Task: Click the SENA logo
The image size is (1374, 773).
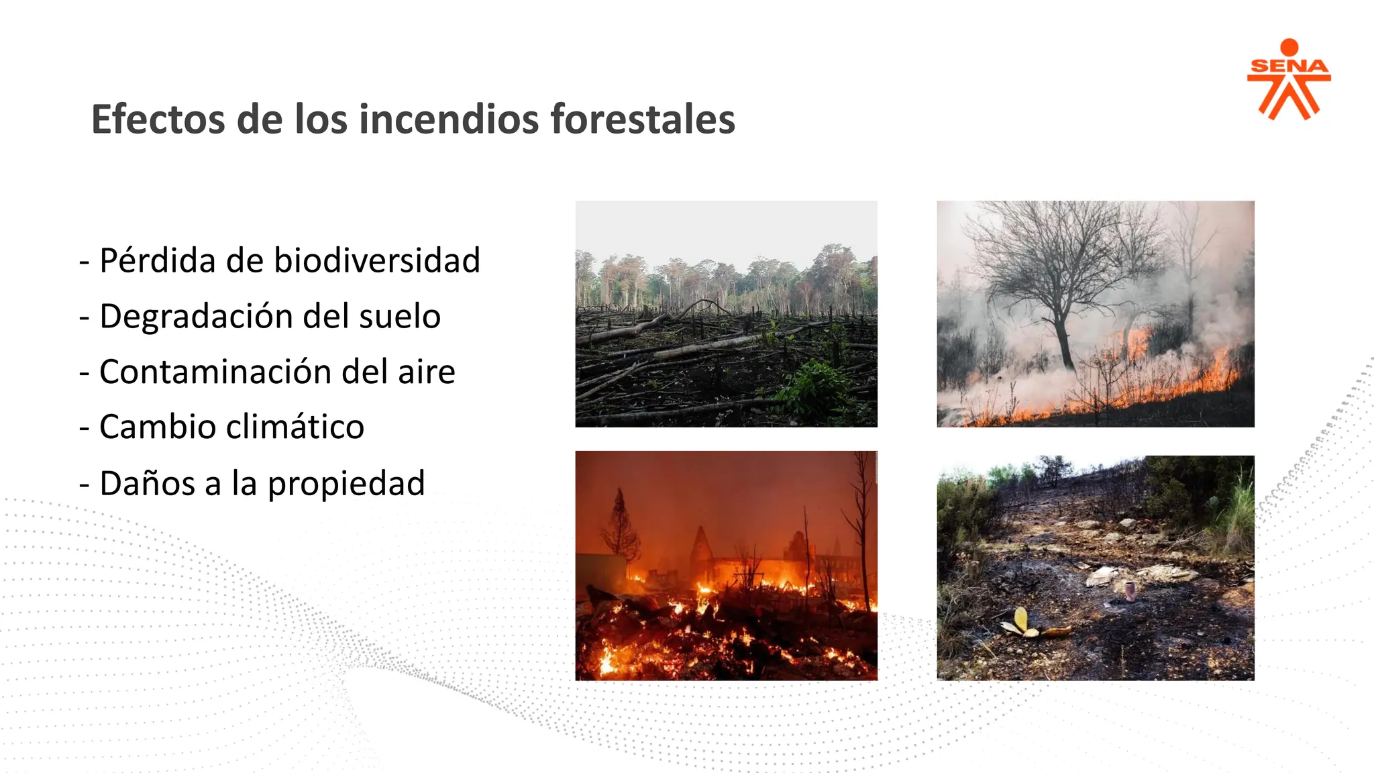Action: [x=1288, y=79]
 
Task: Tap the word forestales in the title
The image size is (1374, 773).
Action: [x=643, y=119]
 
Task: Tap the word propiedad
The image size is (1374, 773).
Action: [x=346, y=484]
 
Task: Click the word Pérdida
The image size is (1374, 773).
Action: [x=158, y=260]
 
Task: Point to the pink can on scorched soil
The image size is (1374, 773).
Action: [x=1130, y=590]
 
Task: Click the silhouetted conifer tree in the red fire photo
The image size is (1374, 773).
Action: [x=621, y=530]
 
